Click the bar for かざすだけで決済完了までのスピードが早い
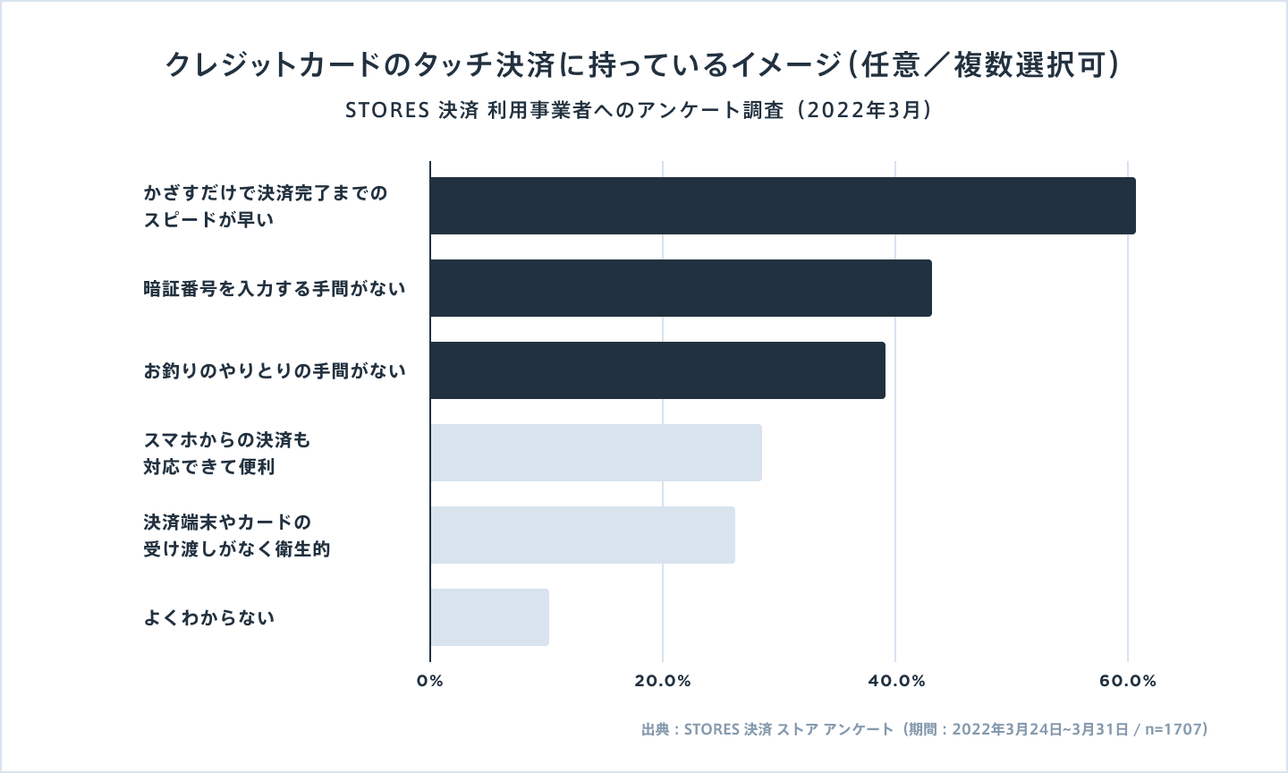coord(783,206)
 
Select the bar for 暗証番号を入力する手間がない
coord(681,288)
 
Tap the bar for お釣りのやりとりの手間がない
coord(657,370)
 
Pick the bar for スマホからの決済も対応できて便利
coord(596,453)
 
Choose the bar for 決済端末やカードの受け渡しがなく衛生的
coord(582,535)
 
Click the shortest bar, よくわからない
coord(489,617)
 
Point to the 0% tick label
coord(430,681)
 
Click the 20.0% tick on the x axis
coord(663,681)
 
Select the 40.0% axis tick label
coord(895,681)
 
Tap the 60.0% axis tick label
coord(1128,681)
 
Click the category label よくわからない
coord(209,617)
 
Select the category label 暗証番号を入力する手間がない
coord(275,288)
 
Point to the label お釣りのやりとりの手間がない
coord(275,370)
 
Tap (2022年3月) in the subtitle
coord(866,111)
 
